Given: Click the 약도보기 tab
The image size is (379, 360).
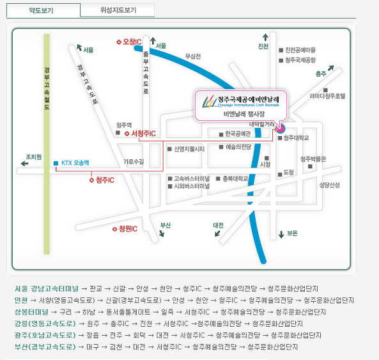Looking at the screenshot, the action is (43, 10).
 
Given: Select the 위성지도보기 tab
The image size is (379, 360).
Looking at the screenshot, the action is (118, 10).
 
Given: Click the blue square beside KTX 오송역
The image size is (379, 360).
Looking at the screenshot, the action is (56, 163).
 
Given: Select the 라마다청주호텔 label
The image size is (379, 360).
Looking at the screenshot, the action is (327, 96).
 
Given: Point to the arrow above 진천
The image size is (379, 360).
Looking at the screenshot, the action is (265, 37).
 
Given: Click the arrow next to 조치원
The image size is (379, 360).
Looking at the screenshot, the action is (25, 164).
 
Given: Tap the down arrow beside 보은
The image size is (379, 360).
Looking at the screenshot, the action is (281, 234).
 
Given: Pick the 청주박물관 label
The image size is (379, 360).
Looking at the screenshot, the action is (313, 159).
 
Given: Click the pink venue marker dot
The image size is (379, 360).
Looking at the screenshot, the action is (281, 129).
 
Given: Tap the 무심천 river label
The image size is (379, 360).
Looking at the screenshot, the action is (193, 56).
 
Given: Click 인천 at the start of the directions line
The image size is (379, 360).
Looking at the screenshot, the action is (21, 301).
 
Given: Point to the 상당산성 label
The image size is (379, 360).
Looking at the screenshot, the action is (329, 185).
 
